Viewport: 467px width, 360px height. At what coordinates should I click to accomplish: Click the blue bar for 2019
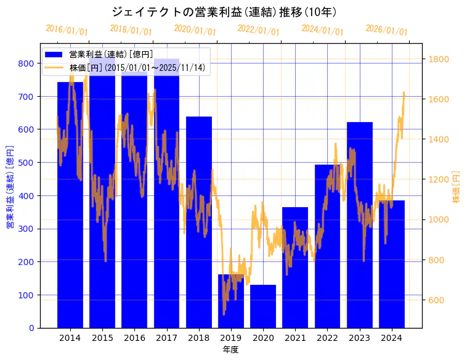pos(231,301)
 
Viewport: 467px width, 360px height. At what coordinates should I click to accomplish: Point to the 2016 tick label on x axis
pos(134,338)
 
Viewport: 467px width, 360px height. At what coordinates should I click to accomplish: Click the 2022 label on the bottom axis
pos(327,338)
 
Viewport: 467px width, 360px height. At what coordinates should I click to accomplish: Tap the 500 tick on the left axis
pos(26,163)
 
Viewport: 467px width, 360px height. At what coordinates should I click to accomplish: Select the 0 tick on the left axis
pos(31,328)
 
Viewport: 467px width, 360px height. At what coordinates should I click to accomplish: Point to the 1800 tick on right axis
pos(439,59)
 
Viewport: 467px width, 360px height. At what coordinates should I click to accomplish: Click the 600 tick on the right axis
pos(437,300)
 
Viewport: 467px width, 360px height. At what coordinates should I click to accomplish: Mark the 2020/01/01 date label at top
pos(195,30)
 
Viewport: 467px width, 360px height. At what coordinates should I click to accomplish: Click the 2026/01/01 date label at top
pos(386,30)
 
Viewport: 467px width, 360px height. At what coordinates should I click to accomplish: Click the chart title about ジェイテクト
pos(224,12)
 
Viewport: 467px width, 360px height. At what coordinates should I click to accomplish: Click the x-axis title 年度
pos(230,350)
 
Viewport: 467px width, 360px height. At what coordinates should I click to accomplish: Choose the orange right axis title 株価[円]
pos(456,187)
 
